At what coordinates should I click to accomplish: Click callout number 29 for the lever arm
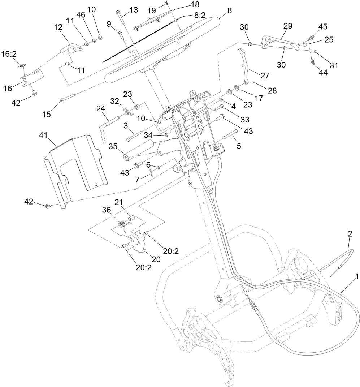[288, 26]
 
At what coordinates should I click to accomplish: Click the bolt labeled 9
[120, 34]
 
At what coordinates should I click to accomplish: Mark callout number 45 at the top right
[322, 27]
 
